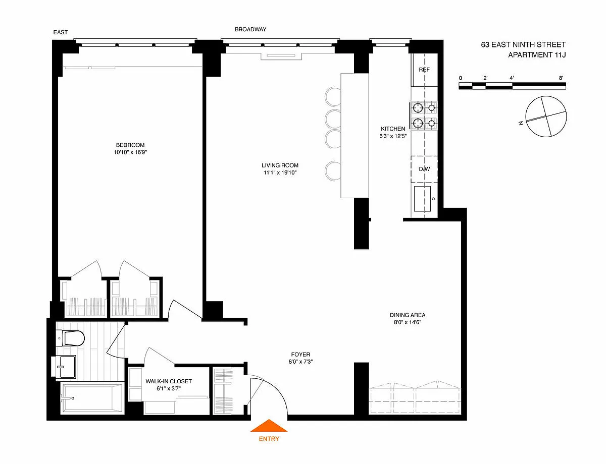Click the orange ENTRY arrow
269,426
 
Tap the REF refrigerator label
424,70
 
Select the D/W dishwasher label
424,169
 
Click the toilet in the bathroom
70,338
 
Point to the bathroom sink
64,367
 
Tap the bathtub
92,398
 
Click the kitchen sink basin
422,199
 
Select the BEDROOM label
130,145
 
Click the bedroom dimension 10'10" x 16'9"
130,152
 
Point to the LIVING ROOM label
280,165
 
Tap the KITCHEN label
393,129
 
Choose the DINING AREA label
408,315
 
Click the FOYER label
300,355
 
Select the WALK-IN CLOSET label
169,381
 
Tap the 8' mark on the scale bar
561,78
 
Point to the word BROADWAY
250,29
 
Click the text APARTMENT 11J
537,55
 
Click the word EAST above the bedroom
60,32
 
